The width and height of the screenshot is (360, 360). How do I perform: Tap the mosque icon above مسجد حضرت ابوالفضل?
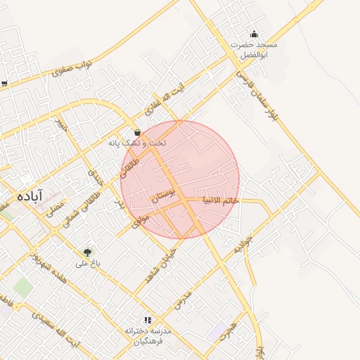pyautogui.click(x=254, y=34)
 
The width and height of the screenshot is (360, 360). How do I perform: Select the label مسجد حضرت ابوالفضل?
pyautogui.click(x=255, y=49)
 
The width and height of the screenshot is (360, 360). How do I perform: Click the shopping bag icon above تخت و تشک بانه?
pyautogui.click(x=137, y=132)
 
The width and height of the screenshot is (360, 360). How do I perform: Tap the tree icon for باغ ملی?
pyautogui.click(x=88, y=252)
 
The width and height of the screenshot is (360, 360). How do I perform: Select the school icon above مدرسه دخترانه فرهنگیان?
pyautogui.click(x=148, y=319)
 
